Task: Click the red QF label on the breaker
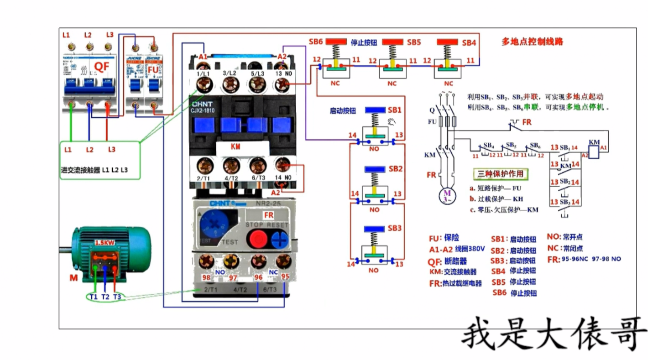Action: pyautogui.click(x=101, y=67)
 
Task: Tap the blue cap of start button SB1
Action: pyautogui.click(x=375, y=110)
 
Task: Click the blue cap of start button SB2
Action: pyautogui.click(x=375, y=169)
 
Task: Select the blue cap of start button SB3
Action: pyautogui.click(x=375, y=228)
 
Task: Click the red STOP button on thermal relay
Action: pyautogui.click(x=256, y=238)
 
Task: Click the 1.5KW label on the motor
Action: pyautogui.click(x=105, y=243)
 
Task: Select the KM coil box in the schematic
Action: pyautogui.click(x=594, y=143)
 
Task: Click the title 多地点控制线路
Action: pyautogui.click(x=532, y=42)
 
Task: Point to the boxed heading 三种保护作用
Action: pyautogui.click(x=500, y=174)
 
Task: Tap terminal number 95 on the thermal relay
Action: pyautogui.click(x=285, y=277)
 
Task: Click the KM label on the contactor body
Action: pyautogui.click(x=235, y=147)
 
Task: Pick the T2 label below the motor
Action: pyautogui.click(x=105, y=297)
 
